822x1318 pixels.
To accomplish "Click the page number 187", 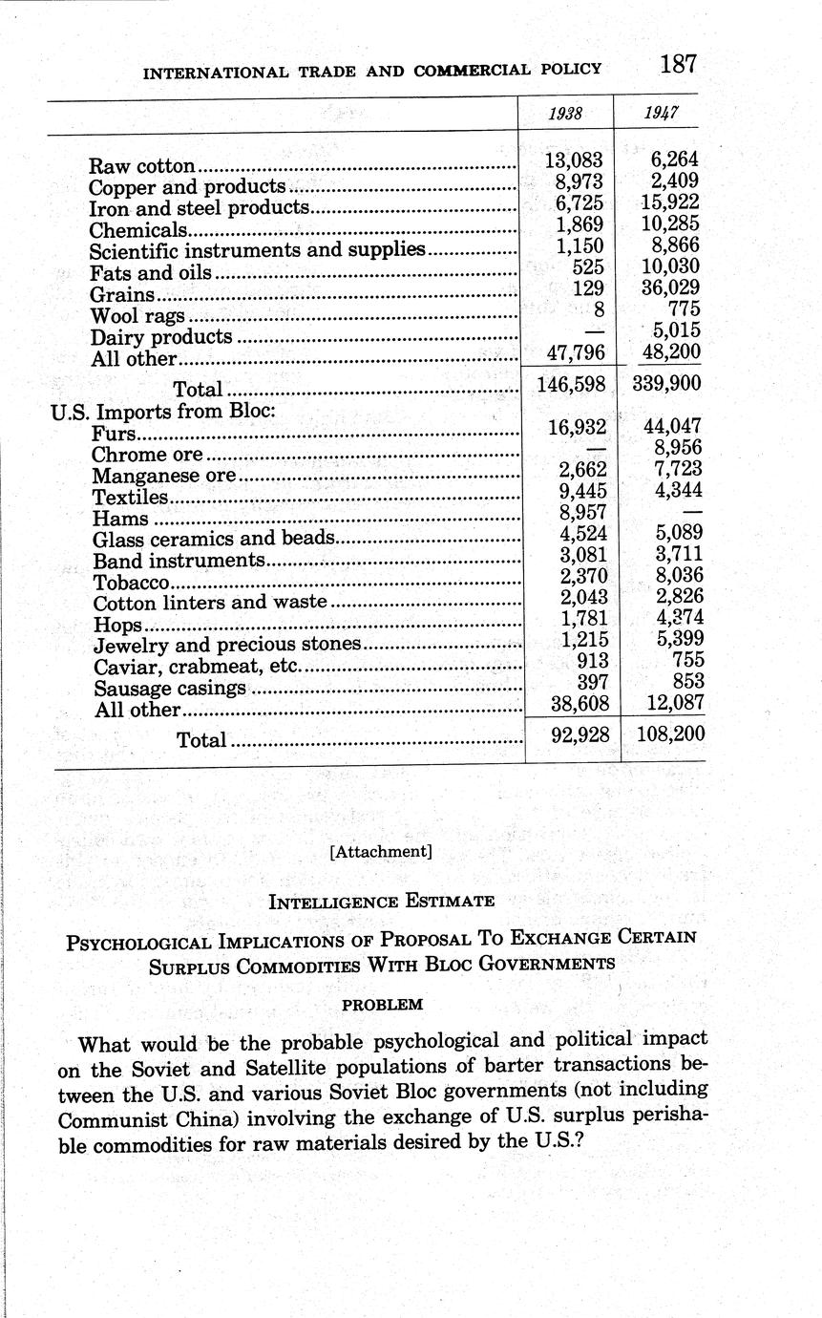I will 677,65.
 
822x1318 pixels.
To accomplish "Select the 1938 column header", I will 566,113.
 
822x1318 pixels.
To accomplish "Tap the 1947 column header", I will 660,113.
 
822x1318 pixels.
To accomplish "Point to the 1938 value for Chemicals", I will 580,223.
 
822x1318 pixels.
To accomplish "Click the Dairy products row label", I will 161,337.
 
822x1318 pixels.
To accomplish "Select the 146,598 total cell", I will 570,384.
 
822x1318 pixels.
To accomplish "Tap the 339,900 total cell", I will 666,384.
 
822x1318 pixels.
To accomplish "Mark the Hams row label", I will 120,519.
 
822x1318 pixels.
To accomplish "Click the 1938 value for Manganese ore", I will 582,468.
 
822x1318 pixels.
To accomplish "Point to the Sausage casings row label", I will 171,689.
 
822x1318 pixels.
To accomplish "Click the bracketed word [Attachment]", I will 380,851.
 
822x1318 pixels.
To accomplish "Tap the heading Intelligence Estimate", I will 381,902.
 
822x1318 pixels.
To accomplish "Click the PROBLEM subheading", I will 382,1005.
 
